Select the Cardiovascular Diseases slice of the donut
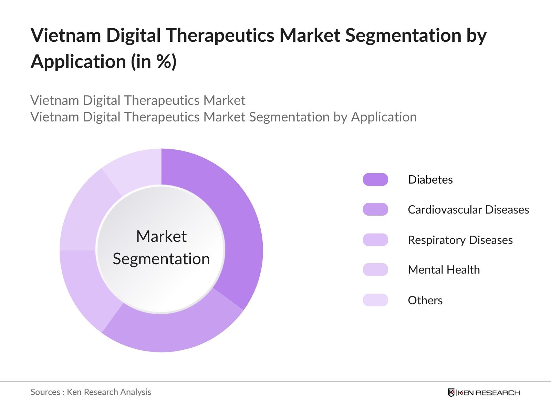[x=172, y=331]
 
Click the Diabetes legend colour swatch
[x=375, y=180]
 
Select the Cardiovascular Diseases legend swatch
[x=375, y=209]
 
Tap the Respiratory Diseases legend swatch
[x=375, y=240]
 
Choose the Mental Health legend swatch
[x=375, y=269]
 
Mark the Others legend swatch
[x=375, y=300]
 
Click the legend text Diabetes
[x=430, y=180]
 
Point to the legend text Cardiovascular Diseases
[x=468, y=209]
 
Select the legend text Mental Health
[x=444, y=269]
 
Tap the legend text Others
[x=425, y=300]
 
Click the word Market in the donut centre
[x=161, y=237]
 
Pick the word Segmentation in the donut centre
[x=161, y=259]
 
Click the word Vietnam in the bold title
[x=66, y=35]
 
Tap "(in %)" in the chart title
[x=154, y=62]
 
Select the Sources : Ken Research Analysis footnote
[x=91, y=392]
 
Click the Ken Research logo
[x=484, y=393]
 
